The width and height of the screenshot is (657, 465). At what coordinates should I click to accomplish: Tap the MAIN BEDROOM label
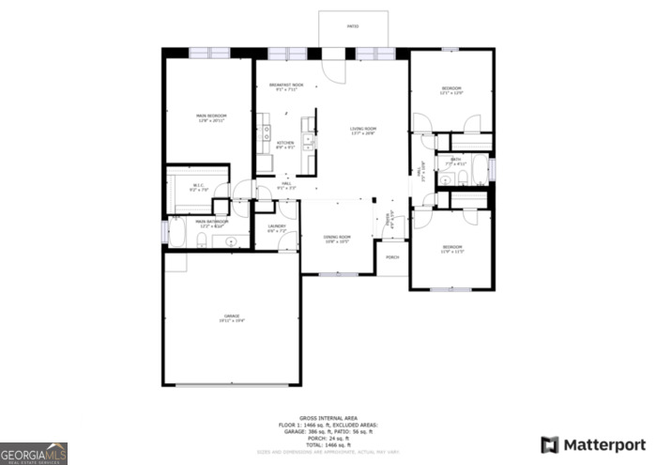[x=211, y=116]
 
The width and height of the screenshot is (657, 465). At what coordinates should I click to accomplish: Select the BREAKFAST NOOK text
[x=285, y=85]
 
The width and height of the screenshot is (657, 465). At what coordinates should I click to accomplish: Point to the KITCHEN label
[x=285, y=143]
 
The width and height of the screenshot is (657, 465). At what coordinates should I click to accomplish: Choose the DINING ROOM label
[x=337, y=237]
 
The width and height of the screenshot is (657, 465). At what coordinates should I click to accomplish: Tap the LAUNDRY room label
[x=276, y=226]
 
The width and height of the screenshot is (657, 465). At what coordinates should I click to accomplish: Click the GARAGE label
[x=232, y=316]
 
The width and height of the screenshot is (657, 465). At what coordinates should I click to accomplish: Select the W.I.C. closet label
[x=198, y=185]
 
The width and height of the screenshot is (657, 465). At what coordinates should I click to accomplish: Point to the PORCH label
[x=392, y=256]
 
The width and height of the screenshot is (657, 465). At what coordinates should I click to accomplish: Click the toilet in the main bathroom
[x=203, y=242]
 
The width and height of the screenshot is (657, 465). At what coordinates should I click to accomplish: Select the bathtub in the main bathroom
[x=176, y=232]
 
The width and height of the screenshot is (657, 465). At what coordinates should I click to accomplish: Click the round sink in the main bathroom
[x=231, y=241]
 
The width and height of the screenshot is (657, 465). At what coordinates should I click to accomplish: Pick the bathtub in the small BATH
[x=480, y=170]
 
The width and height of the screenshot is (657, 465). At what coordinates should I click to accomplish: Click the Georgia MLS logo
[x=34, y=454]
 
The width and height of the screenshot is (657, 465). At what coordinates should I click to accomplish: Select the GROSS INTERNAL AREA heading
[x=328, y=417]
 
